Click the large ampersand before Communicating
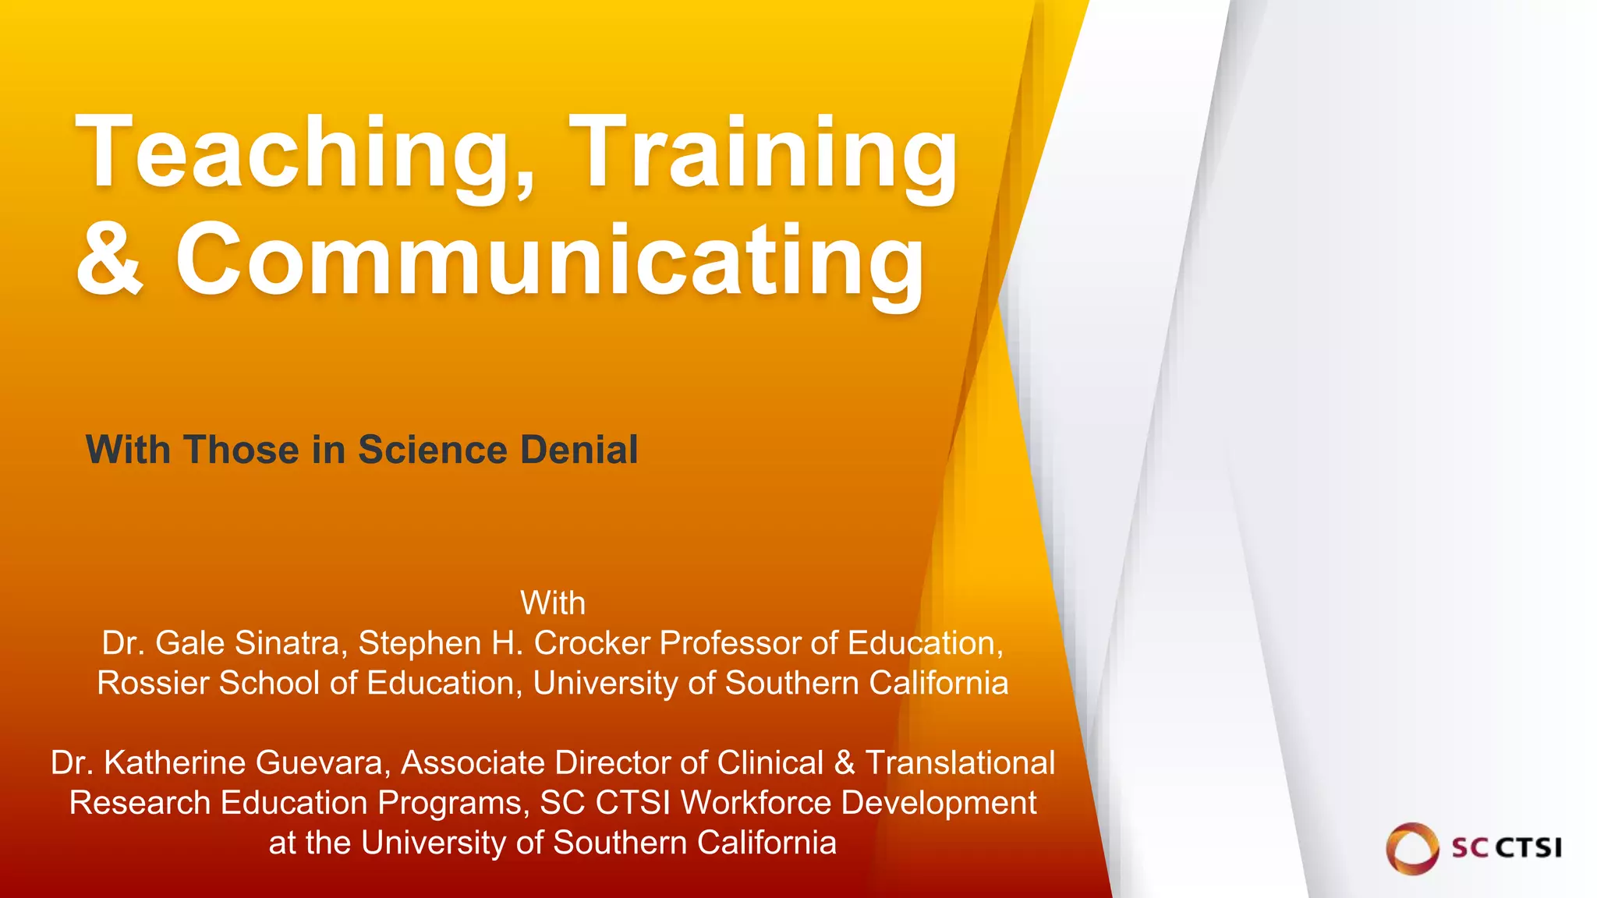[x=110, y=258]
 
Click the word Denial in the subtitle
[x=579, y=450]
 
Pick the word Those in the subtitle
[x=242, y=450]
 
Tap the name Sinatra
[x=288, y=644]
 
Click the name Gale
[x=190, y=644]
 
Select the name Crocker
[x=592, y=644]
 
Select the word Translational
[x=960, y=763]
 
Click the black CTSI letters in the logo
[x=1527, y=847]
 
